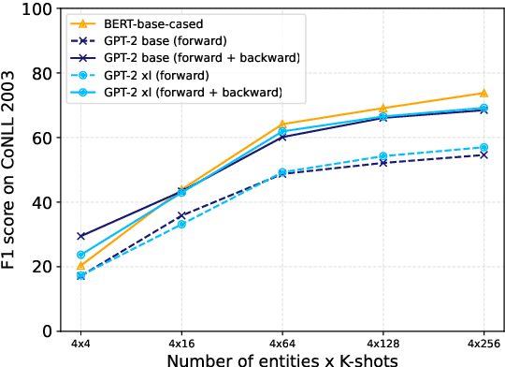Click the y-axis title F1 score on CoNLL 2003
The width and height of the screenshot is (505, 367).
tap(11, 169)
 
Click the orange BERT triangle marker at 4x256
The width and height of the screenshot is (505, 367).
tap(483, 93)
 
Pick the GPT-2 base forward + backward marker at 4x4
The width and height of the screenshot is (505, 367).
tap(81, 236)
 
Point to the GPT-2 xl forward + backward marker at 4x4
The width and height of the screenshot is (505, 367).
tap(81, 255)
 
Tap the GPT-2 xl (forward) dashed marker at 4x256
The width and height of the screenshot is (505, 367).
tap(483, 147)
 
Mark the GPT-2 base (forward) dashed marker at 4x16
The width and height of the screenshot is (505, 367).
tap(181, 215)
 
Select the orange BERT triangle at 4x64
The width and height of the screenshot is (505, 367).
tap(282, 125)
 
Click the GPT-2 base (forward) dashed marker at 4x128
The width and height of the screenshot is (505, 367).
tap(382, 163)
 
